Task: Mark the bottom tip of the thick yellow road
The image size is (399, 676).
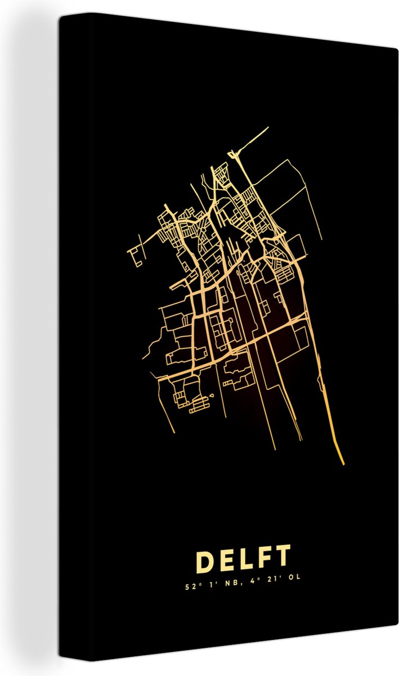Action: [x=342, y=463]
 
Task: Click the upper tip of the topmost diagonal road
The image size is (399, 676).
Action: [x=268, y=128]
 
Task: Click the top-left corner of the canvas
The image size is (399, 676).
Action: [x=60, y=15]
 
